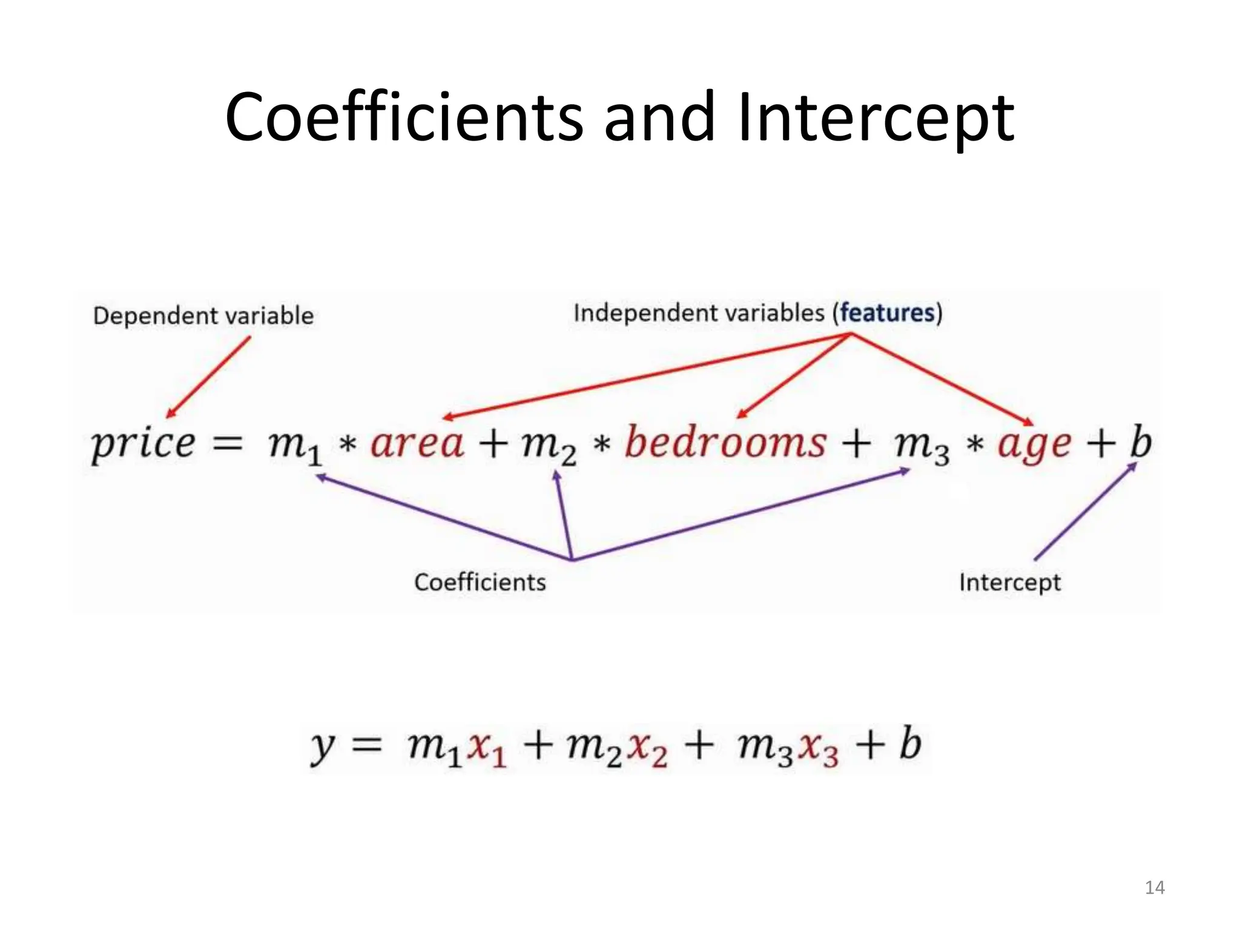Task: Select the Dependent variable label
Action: (203, 315)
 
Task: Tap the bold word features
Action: (887, 313)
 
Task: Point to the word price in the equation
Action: (143, 444)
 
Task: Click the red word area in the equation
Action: (417, 443)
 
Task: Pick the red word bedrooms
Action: (725, 441)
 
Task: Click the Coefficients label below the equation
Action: (480, 582)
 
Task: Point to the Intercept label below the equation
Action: (1010, 582)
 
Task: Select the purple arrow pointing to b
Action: (1085, 512)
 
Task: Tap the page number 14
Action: (1155, 888)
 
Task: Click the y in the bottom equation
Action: (323, 746)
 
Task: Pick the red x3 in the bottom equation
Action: (818, 748)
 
